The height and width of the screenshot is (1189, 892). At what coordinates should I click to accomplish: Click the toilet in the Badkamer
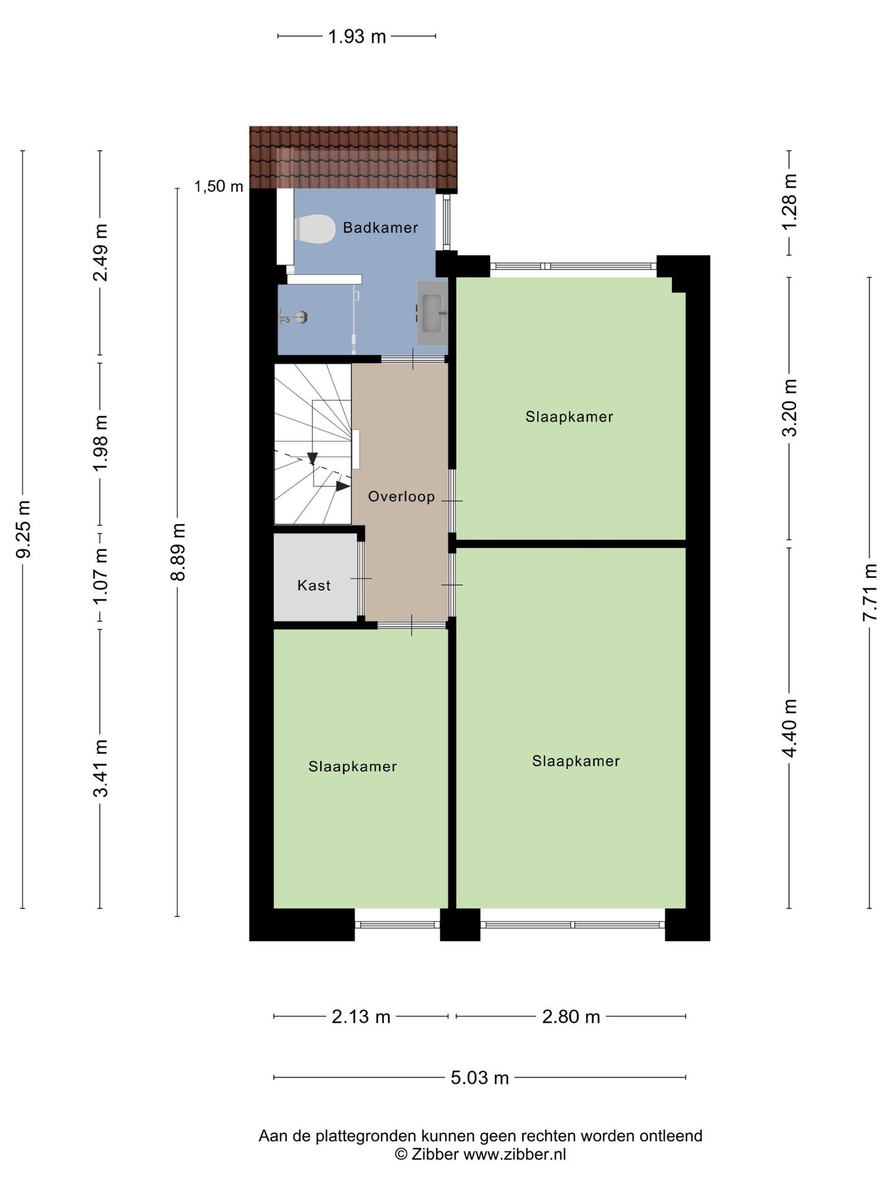tap(313, 230)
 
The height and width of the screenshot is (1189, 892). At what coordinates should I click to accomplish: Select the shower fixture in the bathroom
tap(295, 318)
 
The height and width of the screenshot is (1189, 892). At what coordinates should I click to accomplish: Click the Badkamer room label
tap(380, 228)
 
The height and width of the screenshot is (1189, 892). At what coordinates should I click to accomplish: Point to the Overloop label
tap(401, 497)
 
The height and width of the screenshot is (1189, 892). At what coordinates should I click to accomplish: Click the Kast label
tap(314, 585)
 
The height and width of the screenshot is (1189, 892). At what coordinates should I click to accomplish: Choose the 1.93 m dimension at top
tap(357, 37)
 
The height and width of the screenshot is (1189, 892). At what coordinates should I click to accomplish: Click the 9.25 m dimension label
tap(23, 529)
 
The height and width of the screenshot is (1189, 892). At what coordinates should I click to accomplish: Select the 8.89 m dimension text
tap(178, 551)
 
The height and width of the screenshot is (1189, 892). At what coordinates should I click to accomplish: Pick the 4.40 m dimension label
tap(789, 728)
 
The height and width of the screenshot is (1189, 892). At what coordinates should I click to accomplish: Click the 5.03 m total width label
tap(479, 1078)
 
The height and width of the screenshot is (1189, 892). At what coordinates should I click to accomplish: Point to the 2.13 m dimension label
tap(361, 1017)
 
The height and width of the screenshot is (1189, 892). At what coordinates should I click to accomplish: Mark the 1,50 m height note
tap(219, 186)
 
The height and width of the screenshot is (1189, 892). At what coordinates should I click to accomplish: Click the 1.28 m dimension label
tap(789, 202)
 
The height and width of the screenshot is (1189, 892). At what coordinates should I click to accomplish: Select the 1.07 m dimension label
tap(100, 577)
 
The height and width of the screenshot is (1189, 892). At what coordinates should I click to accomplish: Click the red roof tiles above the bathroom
tap(353, 158)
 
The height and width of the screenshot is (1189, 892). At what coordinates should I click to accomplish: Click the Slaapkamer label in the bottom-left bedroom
tap(352, 767)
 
